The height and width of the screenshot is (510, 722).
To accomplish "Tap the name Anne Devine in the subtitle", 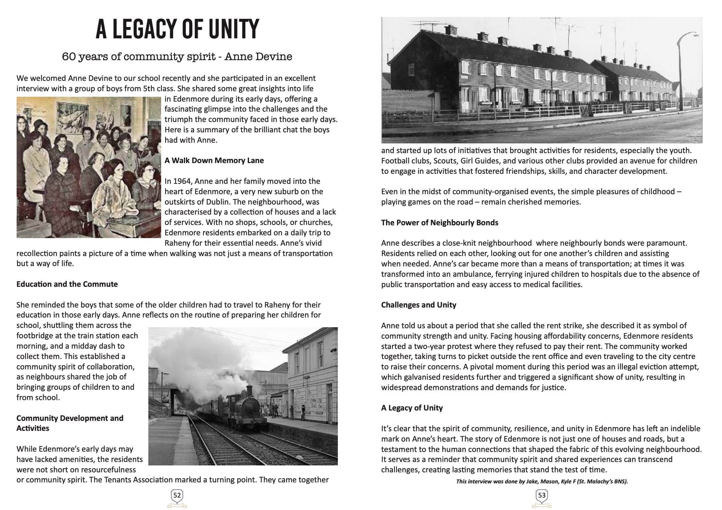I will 258,56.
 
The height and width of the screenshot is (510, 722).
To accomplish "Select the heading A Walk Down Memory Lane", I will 214,160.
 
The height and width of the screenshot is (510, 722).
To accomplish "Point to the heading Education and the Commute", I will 67,284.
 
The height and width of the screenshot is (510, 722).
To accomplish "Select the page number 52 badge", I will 177,495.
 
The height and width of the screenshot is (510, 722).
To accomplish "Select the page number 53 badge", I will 541,495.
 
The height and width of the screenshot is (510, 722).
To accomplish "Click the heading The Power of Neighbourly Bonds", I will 439,223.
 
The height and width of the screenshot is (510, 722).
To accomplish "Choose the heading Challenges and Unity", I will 418,305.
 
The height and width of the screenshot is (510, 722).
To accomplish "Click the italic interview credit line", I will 542,481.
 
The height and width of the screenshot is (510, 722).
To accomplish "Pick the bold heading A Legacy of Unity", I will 412,408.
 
